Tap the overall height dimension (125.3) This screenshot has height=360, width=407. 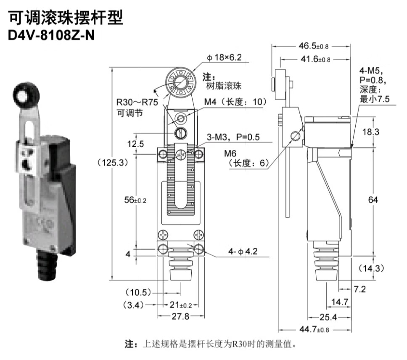pos(113,163)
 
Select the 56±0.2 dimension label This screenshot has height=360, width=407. pos(135,200)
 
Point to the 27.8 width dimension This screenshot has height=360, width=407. pos(180,316)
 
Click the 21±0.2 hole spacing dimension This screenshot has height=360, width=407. pos(181,305)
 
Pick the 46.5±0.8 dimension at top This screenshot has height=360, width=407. pos(314,46)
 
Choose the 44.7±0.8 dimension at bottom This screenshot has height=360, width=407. pos(314,329)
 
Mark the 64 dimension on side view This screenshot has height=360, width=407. pos(373,200)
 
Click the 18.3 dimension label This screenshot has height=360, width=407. pos(371,132)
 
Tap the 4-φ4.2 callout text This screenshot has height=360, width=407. pos(243,251)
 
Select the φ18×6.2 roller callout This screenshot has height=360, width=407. pos(224,57)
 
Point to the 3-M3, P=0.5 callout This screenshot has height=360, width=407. pos(233,137)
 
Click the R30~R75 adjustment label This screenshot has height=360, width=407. pos(137,102)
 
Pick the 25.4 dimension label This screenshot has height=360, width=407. pos(328,317)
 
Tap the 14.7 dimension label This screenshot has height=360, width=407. pos(339,302)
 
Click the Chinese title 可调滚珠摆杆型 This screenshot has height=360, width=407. pos(66,18)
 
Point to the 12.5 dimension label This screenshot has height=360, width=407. pos(135,144)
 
